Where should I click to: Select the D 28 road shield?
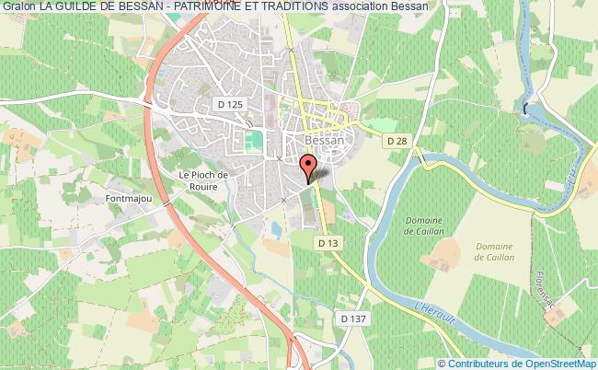point(397,140)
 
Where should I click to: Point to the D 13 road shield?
point(328,243)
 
